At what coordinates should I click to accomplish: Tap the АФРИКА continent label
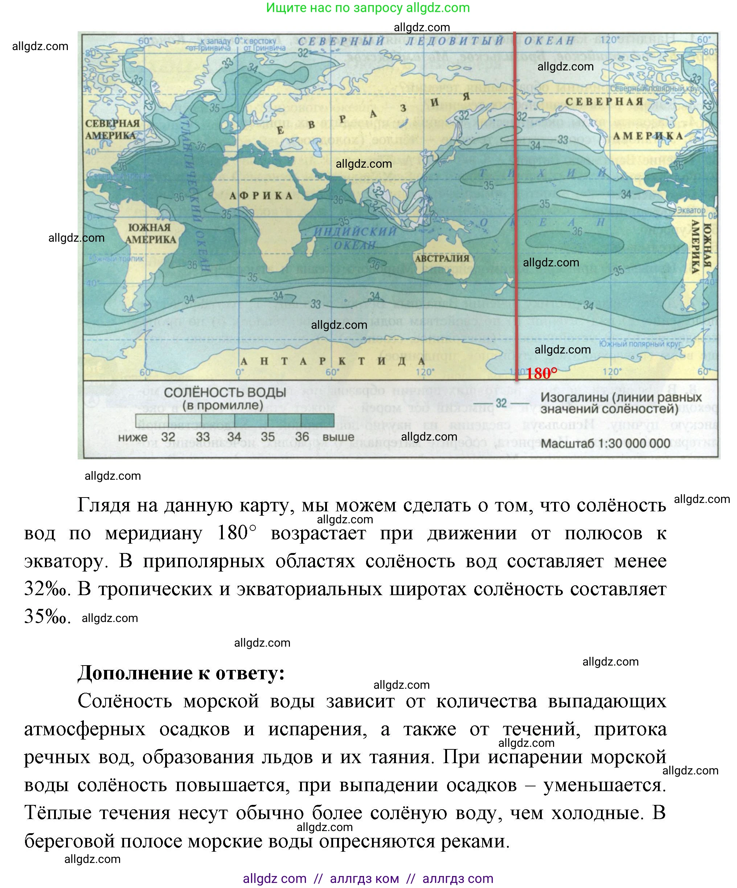click(x=261, y=196)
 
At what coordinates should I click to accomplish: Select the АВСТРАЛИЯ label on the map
click(x=442, y=258)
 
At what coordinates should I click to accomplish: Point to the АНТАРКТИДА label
click(x=332, y=361)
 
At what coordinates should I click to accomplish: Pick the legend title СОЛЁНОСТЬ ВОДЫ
click(x=225, y=392)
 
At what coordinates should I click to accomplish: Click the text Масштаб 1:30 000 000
click(x=606, y=443)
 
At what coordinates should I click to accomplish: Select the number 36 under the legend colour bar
click(x=302, y=437)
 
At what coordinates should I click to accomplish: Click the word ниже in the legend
click(x=133, y=437)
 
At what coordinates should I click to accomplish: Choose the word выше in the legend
click(x=338, y=437)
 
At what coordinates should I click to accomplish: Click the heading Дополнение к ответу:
click(x=181, y=672)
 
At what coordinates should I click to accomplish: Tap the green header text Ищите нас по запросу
click(x=335, y=8)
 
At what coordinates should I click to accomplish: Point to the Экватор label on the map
click(x=691, y=210)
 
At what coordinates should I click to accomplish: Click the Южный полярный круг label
click(x=640, y=344)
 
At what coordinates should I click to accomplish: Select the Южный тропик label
click(x=116, y=258)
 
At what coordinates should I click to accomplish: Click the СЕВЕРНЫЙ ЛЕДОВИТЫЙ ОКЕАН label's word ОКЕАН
click(x=549, y=41)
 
